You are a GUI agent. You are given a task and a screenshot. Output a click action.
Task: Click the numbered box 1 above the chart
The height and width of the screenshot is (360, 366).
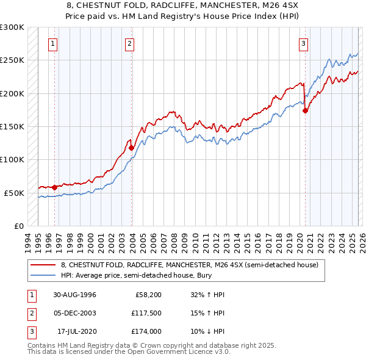point(54,43)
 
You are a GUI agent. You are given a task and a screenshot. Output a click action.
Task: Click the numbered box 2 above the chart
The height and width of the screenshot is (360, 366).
point(130,43)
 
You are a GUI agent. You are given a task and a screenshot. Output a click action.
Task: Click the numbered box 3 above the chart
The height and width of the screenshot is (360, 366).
point(303,43)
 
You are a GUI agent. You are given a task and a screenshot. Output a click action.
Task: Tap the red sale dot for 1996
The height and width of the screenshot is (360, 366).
point(54,187)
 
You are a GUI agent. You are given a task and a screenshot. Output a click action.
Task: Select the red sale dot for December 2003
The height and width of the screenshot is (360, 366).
point(131,148)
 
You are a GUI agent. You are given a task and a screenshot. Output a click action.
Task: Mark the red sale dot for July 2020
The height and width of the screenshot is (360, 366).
point(305,110)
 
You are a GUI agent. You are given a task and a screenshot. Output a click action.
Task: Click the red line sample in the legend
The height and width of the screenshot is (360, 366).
point(43,265)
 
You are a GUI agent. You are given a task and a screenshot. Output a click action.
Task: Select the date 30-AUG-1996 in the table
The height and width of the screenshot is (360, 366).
point(74,295)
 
